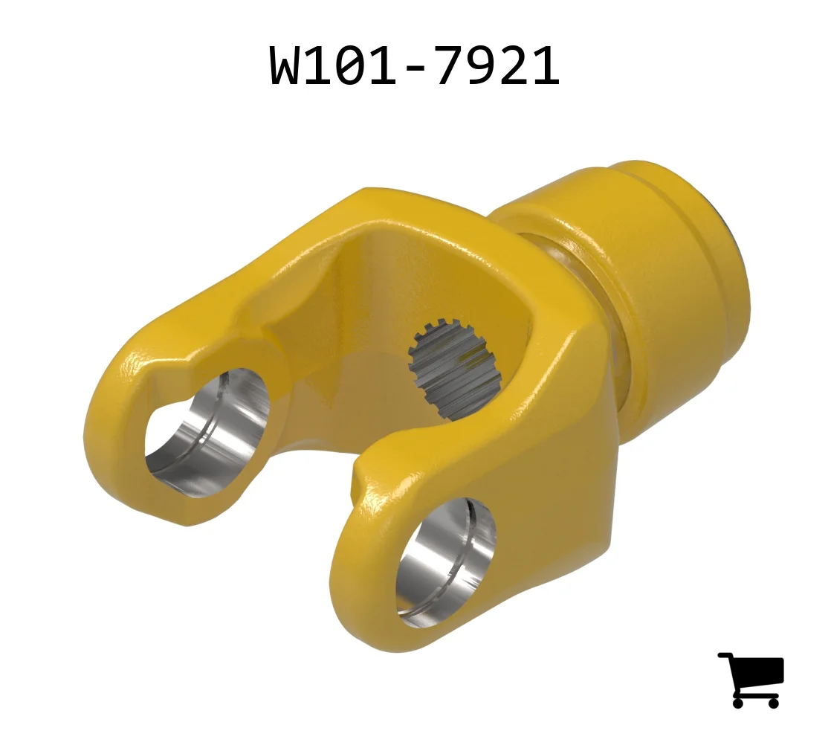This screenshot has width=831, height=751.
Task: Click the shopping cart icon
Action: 751,680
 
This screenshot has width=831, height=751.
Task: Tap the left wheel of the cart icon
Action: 738,703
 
